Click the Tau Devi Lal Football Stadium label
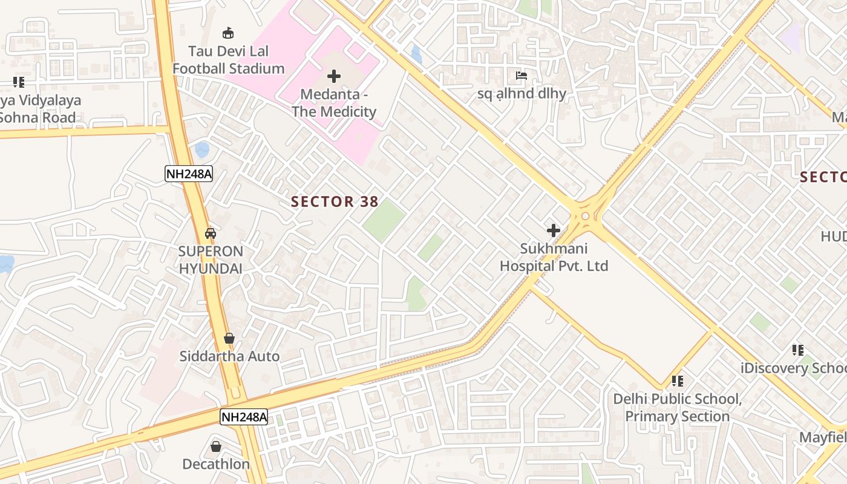pyautogui.click(x=228, y=60)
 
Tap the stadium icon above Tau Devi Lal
pyautogui.click(x=228, y=33)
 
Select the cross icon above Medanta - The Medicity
pyautogui.click(x=333, y=76)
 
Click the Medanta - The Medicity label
pyautogui.click(x=334, y=103)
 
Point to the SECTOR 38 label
pyautogui.click(x=335, y=201)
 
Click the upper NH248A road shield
pyautogui.click(x=189, y=174)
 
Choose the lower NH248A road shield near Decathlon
pyautogui.click(x=243, y=417)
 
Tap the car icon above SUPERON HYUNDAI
pyautogui.click(x=211, y=233)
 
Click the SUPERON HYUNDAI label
pyautogui.click(x=211, y=260)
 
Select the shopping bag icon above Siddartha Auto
pyautogui.click(x=229, y=338)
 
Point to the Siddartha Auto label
pyautogui.click(x=229, y=356)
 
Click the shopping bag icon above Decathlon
pyautogui.click(x=216, y=446)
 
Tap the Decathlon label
pyautogui.click(x=216, y=464)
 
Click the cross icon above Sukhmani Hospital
pyautogui.click(x=553, y=231)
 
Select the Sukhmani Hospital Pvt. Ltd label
pyautogui.click(x=554, y=257)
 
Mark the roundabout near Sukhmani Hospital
pyautogui.click(x=585, y=216)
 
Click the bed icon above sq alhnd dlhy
pyautogui.click(x=522, y=76)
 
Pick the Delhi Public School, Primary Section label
pyautogui.click(x=677, y=408)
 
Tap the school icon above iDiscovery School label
pyautogui.click(x=798, y=350)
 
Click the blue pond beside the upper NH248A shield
pyautogui.click(x=202, y=149)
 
